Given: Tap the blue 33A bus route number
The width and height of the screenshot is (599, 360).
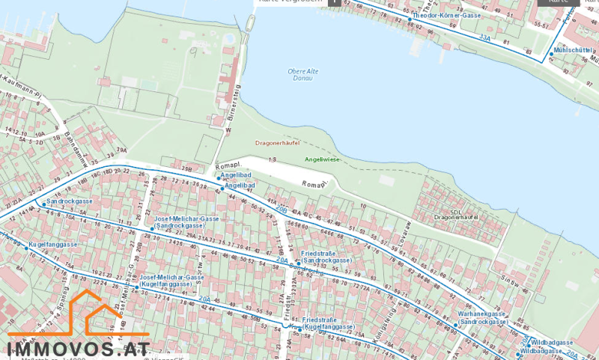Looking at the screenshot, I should (x=485, y=36).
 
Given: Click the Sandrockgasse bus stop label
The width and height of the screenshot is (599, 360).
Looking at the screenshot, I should (x=70, y=202).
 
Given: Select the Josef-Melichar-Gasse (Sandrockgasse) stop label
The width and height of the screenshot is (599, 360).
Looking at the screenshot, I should (x=186, y=222).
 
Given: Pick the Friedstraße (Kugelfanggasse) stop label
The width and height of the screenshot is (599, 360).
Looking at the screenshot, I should (x=328, y=323).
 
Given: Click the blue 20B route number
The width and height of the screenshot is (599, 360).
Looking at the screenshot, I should (x=282, y=210).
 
